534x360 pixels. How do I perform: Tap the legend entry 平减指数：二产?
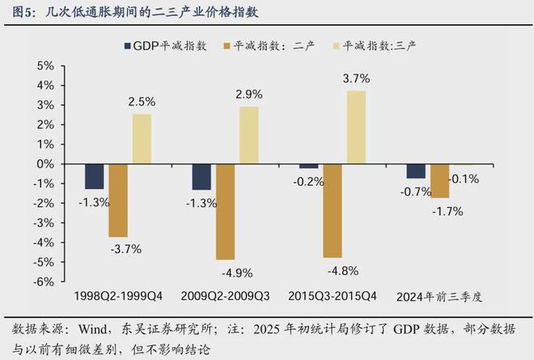[262, 46]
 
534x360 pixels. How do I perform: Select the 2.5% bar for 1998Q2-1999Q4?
[142, 138]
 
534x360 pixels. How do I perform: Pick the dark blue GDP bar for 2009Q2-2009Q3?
[201, 176]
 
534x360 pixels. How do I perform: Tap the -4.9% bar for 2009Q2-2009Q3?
[225, 211]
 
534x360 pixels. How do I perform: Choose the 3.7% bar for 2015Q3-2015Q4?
[356, 127]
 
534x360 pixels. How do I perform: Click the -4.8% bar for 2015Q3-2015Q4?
[333, 210]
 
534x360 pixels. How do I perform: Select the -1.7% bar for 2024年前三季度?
[440, 180]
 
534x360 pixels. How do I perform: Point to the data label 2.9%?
[249, 95]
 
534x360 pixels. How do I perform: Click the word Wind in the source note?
[93, 330]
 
